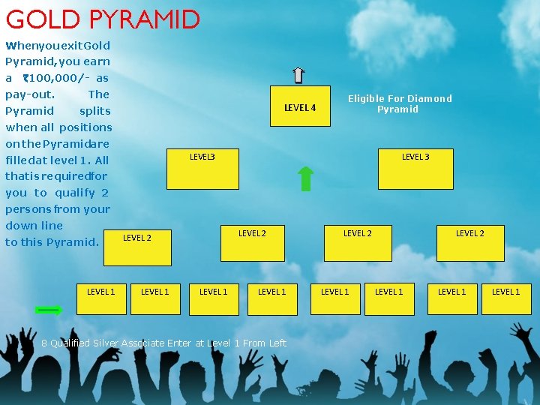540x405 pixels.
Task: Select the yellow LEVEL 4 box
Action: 300,108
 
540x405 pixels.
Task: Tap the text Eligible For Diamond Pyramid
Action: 399,103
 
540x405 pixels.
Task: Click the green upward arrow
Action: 305,179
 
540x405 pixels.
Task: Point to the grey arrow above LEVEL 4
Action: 298,75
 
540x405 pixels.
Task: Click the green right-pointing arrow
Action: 49,309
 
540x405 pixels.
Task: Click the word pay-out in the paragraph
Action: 28,94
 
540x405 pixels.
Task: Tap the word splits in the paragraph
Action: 94,111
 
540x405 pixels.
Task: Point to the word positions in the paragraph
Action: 85,127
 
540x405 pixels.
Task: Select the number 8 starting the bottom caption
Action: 44,343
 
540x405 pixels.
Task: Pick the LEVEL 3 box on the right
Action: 415,169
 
